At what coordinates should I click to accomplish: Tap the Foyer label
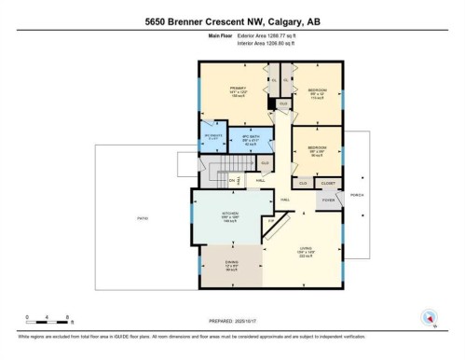point(328,200)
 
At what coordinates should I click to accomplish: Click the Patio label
point(143,218)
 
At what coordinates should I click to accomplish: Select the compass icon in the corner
point(430,318)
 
